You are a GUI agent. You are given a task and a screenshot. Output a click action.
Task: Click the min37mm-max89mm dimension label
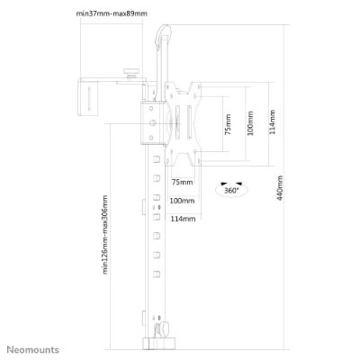coord(112,13)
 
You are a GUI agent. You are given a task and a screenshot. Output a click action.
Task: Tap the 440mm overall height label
coord(280,188)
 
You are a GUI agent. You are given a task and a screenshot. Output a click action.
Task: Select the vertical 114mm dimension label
coord(272,121)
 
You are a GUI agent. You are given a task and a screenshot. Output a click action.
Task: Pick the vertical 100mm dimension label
coord(250,123)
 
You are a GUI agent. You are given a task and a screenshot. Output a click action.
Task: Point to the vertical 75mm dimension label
coord(228,124)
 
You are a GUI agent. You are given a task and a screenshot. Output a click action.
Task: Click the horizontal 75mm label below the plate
coord(182,182)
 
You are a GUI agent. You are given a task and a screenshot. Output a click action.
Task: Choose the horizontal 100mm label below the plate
coord(182,201)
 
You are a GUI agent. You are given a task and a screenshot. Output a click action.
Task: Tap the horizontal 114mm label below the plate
coord(183,219)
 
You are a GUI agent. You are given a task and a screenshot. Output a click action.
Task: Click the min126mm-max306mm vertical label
coord(104,235)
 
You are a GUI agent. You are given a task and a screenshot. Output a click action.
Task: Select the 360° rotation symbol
coord(231,189)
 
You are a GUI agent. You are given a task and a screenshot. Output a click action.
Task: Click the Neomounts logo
coord(33,349)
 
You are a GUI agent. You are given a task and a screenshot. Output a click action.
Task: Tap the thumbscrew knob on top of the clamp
coord(131,72)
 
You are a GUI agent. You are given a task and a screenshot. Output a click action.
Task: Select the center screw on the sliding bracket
coord(153,122)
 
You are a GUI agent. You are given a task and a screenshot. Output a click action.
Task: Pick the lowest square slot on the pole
coord(157,274)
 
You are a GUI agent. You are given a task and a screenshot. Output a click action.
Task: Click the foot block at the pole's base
coord(157,343)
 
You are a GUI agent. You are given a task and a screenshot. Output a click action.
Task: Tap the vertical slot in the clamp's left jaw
coord(89,98)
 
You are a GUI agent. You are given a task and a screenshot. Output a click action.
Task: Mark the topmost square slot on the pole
coord(157,158)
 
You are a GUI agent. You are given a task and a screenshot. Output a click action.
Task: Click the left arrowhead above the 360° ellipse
coord(223,184)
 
